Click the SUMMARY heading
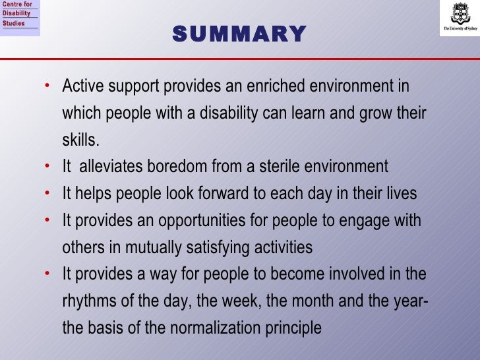(239, 33)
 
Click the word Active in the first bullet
(80, 87)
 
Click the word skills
(80, 140)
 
